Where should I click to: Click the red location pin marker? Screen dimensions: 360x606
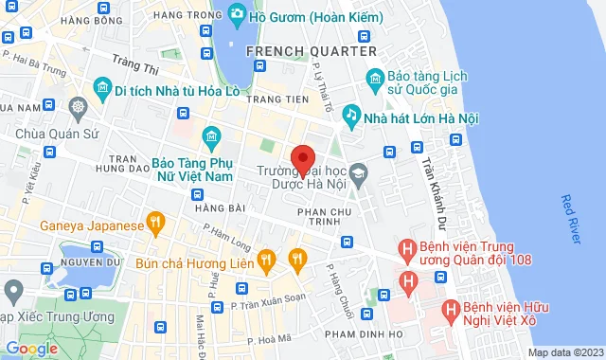pyautogui.click(x=303, y=158)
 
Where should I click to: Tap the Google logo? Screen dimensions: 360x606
pyautogui.click(x=32, y=349)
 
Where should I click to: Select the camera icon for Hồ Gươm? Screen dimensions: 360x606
pyautogui.click(x=236, y=15)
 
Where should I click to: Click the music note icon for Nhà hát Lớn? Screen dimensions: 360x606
pyautogui.click(x=350, y=115)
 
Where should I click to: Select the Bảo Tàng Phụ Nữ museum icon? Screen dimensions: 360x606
pyautogui.click(x=212, y=138)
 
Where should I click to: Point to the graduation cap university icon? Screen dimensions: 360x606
pyautogui.click(x=358, y=173)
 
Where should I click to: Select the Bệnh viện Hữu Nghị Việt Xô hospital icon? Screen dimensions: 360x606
pyautogui.click(x=453, y=309)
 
